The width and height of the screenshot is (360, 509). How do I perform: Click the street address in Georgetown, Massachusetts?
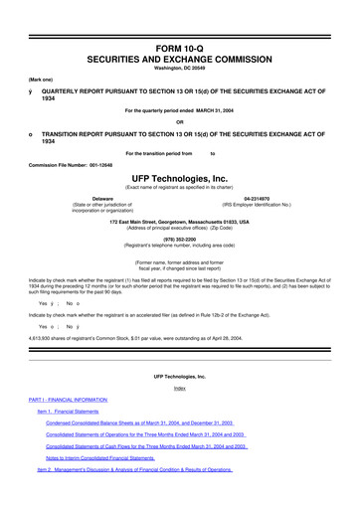179,221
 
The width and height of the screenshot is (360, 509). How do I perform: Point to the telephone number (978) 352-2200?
179,239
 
